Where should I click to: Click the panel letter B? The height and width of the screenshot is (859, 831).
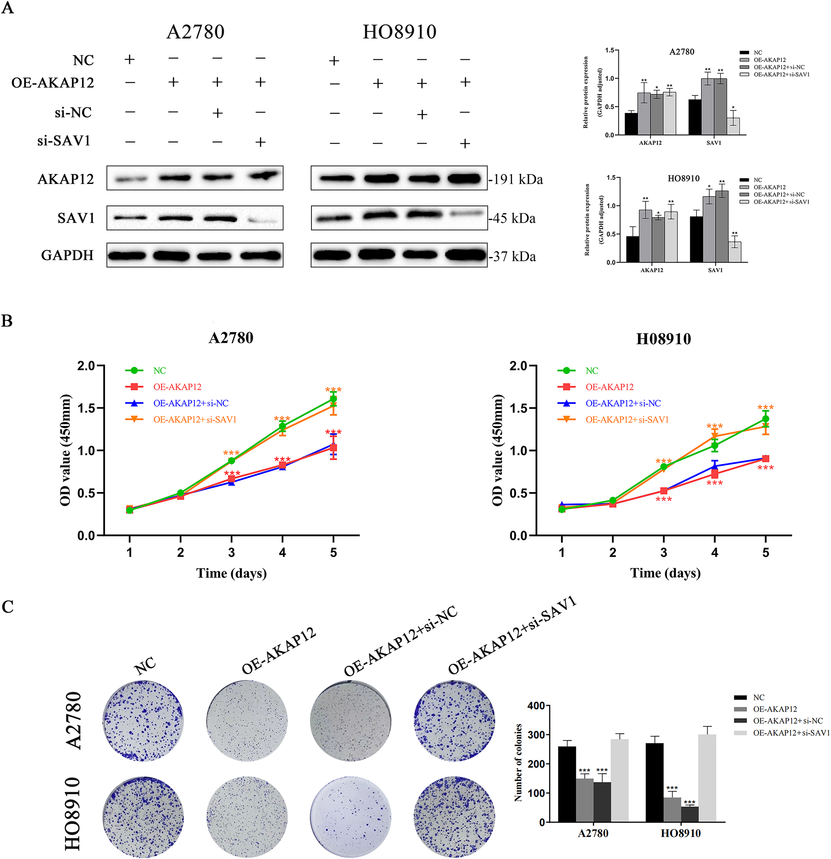click(x=7, y=321)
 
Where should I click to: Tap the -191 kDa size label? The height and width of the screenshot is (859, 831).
click(x=516, y=179)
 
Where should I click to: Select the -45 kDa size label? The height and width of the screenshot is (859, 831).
click(x=513, y=218)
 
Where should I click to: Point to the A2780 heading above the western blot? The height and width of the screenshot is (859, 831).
click(x=196, y=32)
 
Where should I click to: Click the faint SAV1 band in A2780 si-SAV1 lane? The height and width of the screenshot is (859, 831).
click(x=262, y=220)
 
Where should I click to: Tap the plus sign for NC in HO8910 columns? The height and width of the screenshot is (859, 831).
click(x=334, y=61)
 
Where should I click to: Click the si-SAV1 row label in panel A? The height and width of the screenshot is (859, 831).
click(x=64, y=141)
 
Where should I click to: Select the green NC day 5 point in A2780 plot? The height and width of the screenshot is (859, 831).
click(x=333, y=399)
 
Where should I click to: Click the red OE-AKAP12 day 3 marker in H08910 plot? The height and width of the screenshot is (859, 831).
click(x=664, y=491)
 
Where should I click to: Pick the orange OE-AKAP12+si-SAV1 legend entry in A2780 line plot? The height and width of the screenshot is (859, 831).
click(x=195, y=419)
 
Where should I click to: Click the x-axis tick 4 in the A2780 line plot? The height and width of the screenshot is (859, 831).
click(x=282, y=552)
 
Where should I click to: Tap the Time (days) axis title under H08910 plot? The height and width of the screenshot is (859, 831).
click(x=665, y=573)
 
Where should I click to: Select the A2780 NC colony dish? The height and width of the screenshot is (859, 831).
click(x=143, y=720)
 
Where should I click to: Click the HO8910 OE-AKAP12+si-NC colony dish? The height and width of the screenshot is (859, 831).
click(x=350, y=816)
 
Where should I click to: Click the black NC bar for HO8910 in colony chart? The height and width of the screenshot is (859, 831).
click(x=654, y=782)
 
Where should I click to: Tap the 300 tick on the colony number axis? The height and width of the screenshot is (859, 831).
click(x=536, y=735)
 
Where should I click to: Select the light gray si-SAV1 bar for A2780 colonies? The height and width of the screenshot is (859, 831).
click(x=619, y=780)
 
